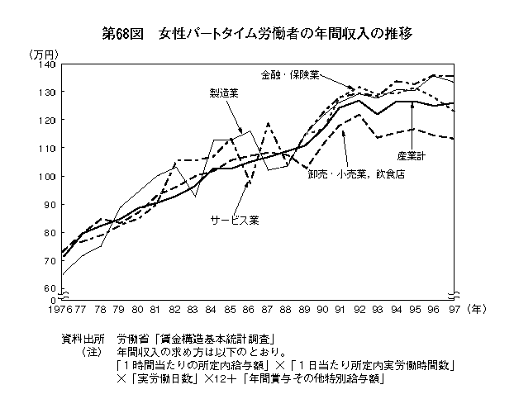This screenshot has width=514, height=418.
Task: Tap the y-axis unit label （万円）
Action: pyautogui.click(x=42, y=54)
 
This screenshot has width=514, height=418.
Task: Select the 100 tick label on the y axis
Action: pyautogui.click(x=46, y=176)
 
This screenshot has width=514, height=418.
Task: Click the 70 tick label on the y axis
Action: pyautogui.click(x=49, y=260)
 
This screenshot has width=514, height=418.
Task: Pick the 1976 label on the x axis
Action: pyautogui.click(x=59, y=309)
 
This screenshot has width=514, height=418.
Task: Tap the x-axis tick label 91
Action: pyautogui.click(x=340, y=309)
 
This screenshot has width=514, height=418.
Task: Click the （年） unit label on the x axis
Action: pyautogui.click(x=478, y=309)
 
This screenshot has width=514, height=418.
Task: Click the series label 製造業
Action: pyautogui.click(x=223, y=93)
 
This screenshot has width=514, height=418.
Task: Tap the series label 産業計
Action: pyautogui.click(x=411, y=155)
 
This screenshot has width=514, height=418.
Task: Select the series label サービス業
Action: pyautogui.click(x=235, y=220)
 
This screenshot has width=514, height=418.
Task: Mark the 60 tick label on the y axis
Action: pyautogui.click(x=49, y=288)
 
